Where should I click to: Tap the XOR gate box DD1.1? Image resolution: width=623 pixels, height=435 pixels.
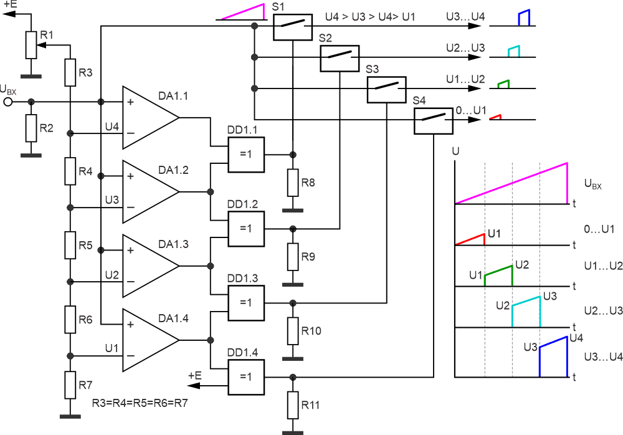246,154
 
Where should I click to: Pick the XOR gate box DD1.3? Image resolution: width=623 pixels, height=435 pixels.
246,302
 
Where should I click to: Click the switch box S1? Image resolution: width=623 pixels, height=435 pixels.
292,26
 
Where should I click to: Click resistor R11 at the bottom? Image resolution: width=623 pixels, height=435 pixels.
293,406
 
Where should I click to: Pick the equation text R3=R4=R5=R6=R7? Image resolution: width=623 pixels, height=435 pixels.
140,403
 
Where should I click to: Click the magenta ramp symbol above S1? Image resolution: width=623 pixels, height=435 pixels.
244,12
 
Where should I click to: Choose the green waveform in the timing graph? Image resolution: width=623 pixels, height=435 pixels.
498,274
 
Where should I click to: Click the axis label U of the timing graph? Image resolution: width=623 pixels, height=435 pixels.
456,151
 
